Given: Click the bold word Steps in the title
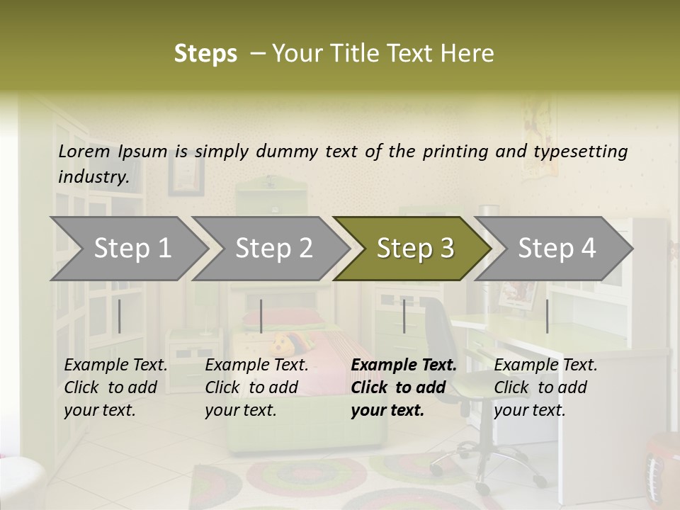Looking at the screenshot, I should [x=205, y=53].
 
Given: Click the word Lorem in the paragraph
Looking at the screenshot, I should [x=84, y=151].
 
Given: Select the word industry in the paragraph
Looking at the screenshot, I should [x=93, y=177].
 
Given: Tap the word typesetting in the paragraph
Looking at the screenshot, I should [x=580, y=152].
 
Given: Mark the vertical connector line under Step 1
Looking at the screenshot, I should [x=119, y=316].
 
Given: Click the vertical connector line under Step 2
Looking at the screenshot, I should [x=261, y=316].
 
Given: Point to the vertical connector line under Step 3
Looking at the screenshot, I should [x=404, y=316].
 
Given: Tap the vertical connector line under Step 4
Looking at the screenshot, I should [x=547, y=316].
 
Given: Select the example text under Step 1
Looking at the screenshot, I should [x=116, y=387].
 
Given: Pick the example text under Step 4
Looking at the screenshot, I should [x=545, y=387].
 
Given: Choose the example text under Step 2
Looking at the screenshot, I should [x=256, y=387].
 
